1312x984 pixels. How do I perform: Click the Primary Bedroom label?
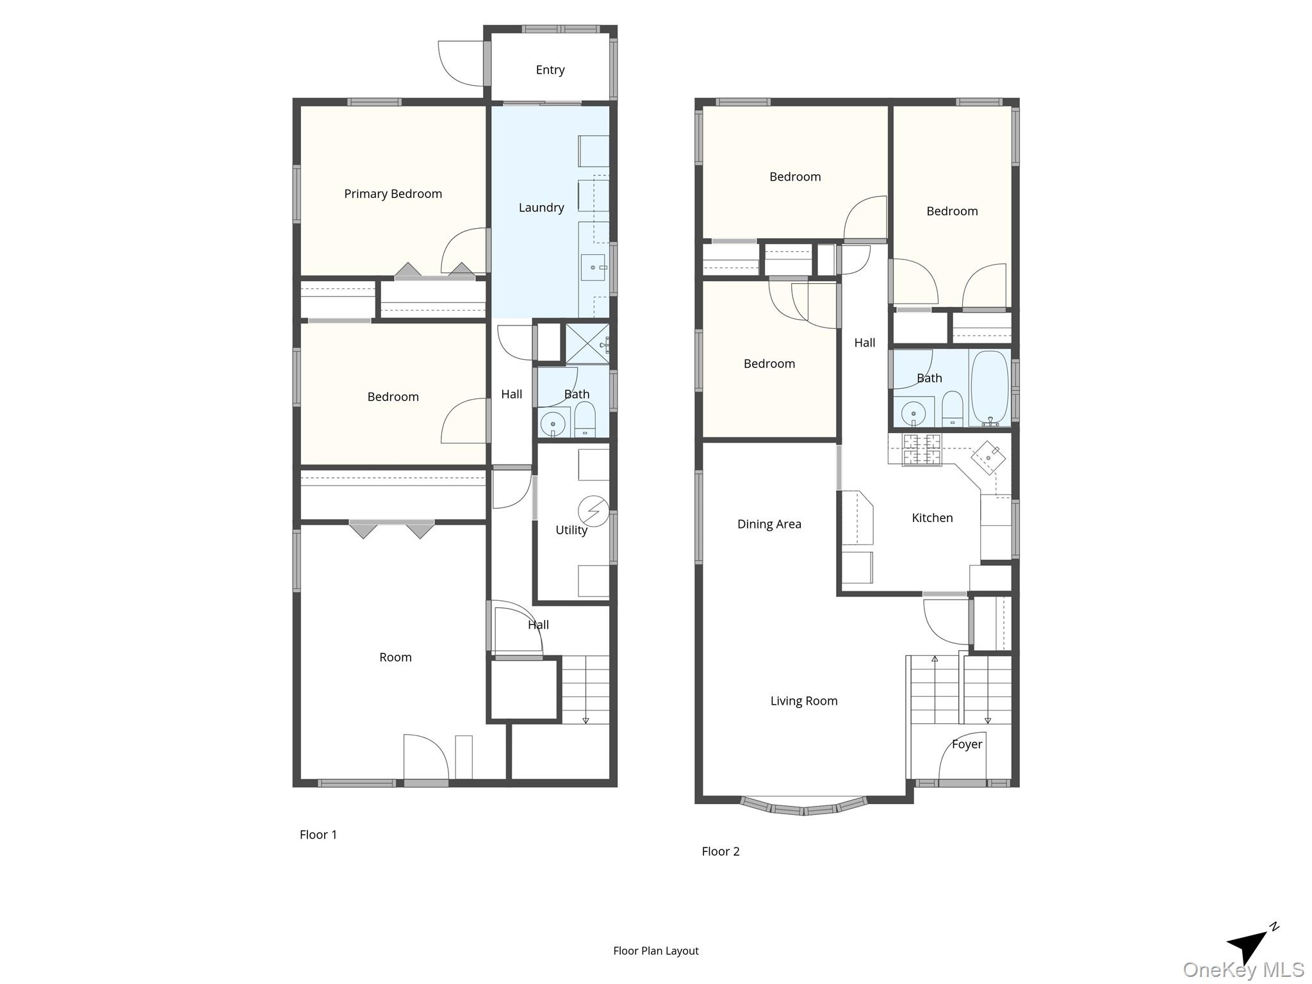click(393, 193)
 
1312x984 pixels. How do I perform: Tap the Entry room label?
click(550, 70)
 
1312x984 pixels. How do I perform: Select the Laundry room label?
click(541, 208)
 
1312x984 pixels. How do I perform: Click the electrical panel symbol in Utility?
click(593, 511)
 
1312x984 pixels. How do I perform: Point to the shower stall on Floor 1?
click(587, 344)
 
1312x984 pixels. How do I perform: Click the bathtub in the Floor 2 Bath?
click(989, 387)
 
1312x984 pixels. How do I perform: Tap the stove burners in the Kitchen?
click(922, 449)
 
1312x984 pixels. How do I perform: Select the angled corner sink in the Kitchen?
click(988, 457)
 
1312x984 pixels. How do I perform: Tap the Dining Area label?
click(769, 524)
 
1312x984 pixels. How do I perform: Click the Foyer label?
click(966, 744)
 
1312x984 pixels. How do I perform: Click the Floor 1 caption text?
click(318, 835)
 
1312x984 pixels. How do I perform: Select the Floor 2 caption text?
click(720, 851)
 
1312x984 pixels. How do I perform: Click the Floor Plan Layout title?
click(655, 951)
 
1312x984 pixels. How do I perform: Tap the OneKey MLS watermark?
click(1243, 970)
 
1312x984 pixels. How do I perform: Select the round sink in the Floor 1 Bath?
click(552, 423)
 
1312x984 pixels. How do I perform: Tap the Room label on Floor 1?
click(395, 657)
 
